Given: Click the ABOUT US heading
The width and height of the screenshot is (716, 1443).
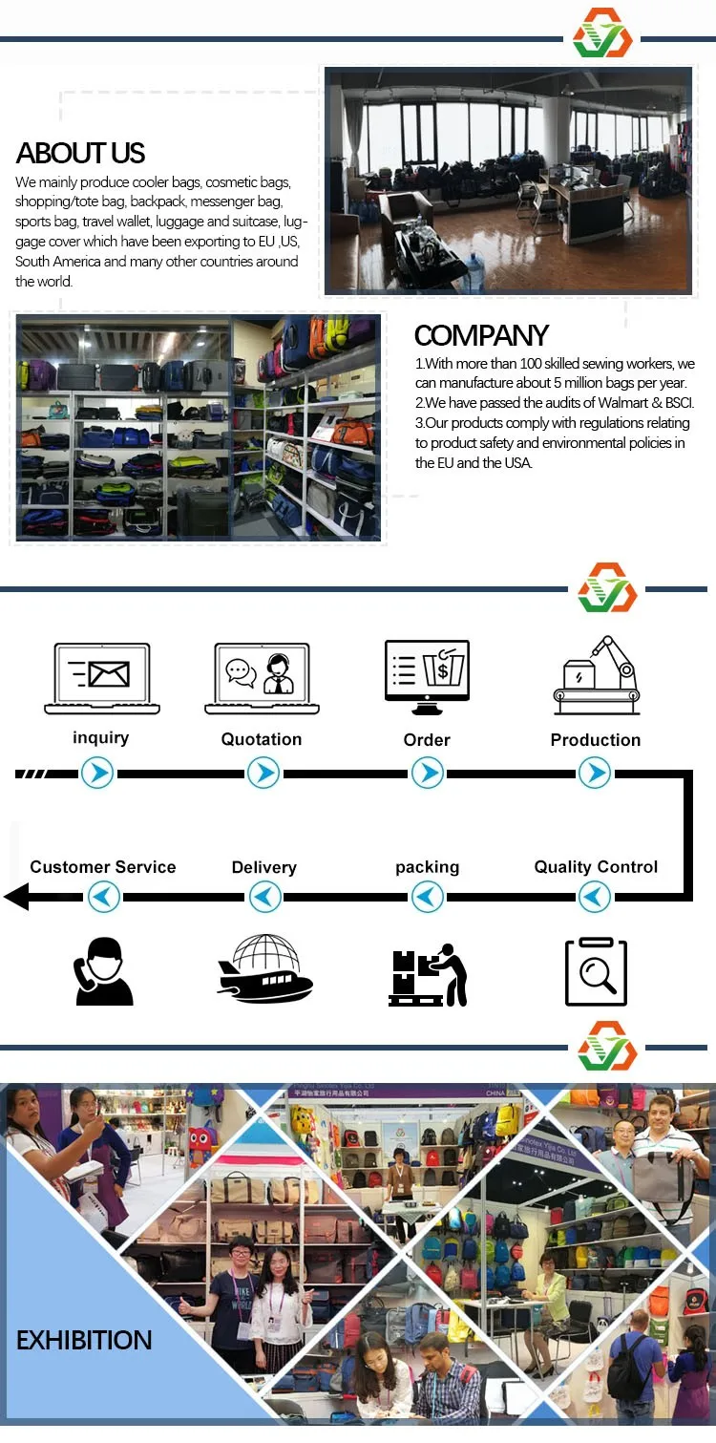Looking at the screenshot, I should pos(81,154).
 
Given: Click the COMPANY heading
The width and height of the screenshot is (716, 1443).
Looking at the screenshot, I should pos(481,335).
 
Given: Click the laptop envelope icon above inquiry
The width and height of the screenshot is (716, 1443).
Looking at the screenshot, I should pos(102,678).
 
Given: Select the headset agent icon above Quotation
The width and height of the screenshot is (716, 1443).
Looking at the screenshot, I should pos(262,678).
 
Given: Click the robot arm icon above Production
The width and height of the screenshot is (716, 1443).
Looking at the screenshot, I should pos(596,675).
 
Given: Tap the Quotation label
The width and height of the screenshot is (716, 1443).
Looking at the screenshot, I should pos(262,739).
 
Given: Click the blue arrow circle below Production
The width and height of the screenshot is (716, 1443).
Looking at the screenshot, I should pos(595,773).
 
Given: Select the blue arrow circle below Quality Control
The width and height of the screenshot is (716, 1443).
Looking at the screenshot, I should pos(595,897).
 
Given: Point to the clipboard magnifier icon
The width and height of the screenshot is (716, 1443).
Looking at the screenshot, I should pos(596,971).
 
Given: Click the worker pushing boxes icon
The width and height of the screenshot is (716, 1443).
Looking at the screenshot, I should pos(428,975).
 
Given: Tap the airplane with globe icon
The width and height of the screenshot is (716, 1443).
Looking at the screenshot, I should pos(264,969).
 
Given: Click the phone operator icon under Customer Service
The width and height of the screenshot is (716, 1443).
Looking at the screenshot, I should pos(102,971).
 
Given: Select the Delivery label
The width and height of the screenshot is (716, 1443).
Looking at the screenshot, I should pos(264,867).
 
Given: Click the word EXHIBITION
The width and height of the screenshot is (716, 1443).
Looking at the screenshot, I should pos(84,1340).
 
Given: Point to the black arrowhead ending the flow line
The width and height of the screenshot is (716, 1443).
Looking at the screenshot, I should pos(16,897).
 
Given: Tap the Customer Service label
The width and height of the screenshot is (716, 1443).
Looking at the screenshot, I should pos(103,867).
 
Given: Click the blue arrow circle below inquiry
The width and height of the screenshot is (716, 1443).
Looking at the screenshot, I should pos(97,773).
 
